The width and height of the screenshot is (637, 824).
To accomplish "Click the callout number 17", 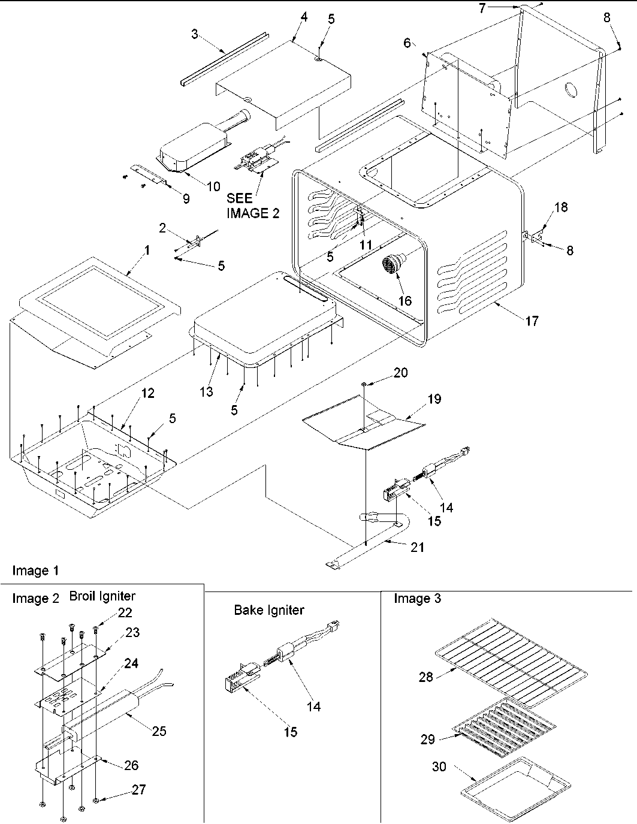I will point(531,321).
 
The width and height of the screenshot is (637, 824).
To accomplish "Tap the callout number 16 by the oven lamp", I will point(405,300).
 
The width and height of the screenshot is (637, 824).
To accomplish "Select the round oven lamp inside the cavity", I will point(393,263).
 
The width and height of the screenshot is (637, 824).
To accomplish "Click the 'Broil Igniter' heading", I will point(102,596).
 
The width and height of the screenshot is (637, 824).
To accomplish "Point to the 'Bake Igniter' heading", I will point(268,610).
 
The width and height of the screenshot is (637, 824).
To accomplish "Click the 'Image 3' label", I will point(417,599).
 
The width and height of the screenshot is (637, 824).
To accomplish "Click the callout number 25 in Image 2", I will point(159,731).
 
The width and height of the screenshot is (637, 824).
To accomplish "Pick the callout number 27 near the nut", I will point(138,789).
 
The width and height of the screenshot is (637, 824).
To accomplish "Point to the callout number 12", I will point(147,393).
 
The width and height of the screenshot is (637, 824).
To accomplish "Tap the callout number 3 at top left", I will point(195,34).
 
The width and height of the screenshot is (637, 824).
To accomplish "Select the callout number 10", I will point(213,186).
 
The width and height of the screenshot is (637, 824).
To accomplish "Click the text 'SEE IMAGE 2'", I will point(252,205).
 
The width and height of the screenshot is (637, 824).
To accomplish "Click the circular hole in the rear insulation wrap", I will point(570,90).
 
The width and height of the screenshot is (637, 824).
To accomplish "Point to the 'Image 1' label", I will point(35,571).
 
